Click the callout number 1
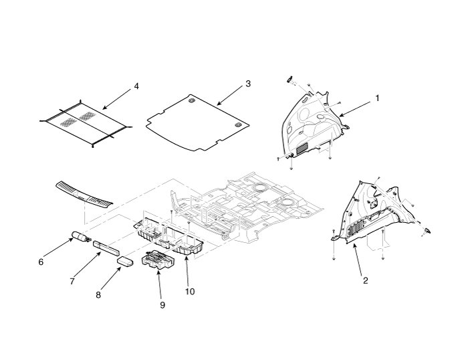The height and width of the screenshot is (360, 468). click(x=377, y=98)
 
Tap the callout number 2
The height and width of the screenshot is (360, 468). click(x=365, y=280)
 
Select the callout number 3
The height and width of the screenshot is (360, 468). click(x=247, y=84)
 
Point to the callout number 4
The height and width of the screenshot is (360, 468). click(x=136, y=86)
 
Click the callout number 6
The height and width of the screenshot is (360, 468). click(x=41, y=262)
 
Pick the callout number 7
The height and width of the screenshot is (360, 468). click(x=72, y=281)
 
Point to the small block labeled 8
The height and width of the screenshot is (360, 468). click(x=126, y=260)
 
